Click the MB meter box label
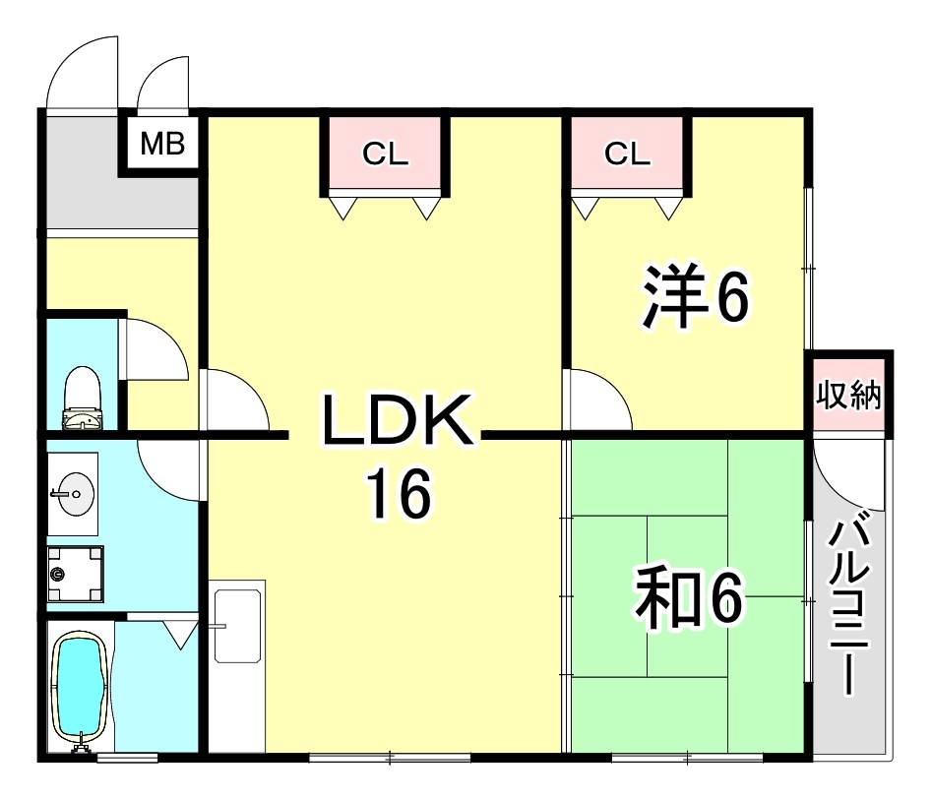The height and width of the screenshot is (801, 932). pos(162,144)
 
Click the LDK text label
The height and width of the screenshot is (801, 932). pos(397,419)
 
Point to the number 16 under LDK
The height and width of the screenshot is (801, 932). pos(400,493)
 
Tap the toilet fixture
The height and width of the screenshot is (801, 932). pos(82,398)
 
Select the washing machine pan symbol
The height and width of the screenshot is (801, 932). pos(76,574)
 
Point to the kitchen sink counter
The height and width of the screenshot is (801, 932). pos(237,665)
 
